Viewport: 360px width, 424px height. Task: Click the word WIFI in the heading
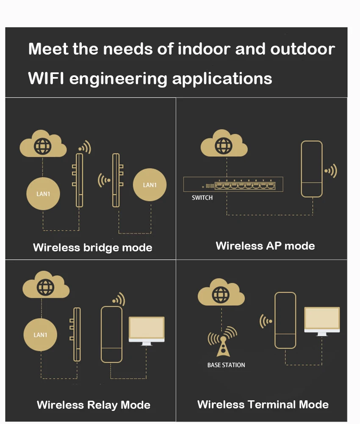coord(46,78)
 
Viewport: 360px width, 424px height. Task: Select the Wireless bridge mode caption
coord(92,247)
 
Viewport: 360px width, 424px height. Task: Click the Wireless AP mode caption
coord(265,246)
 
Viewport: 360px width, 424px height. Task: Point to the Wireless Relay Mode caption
coord(94,405)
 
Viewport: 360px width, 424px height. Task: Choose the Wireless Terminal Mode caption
coord(263,405)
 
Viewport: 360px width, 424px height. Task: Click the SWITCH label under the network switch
coord(202,198)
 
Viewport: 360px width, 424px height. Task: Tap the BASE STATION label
coord(226,365)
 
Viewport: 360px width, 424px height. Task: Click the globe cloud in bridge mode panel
coord(43,144)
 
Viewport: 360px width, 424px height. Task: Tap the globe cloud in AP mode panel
coord(224,145)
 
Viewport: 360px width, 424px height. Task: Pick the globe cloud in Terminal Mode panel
coord(221,292)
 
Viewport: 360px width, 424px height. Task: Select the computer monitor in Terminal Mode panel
coord(322,321)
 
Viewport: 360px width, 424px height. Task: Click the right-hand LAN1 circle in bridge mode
coord(150,185)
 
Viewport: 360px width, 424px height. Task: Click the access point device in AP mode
coord(312,169)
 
